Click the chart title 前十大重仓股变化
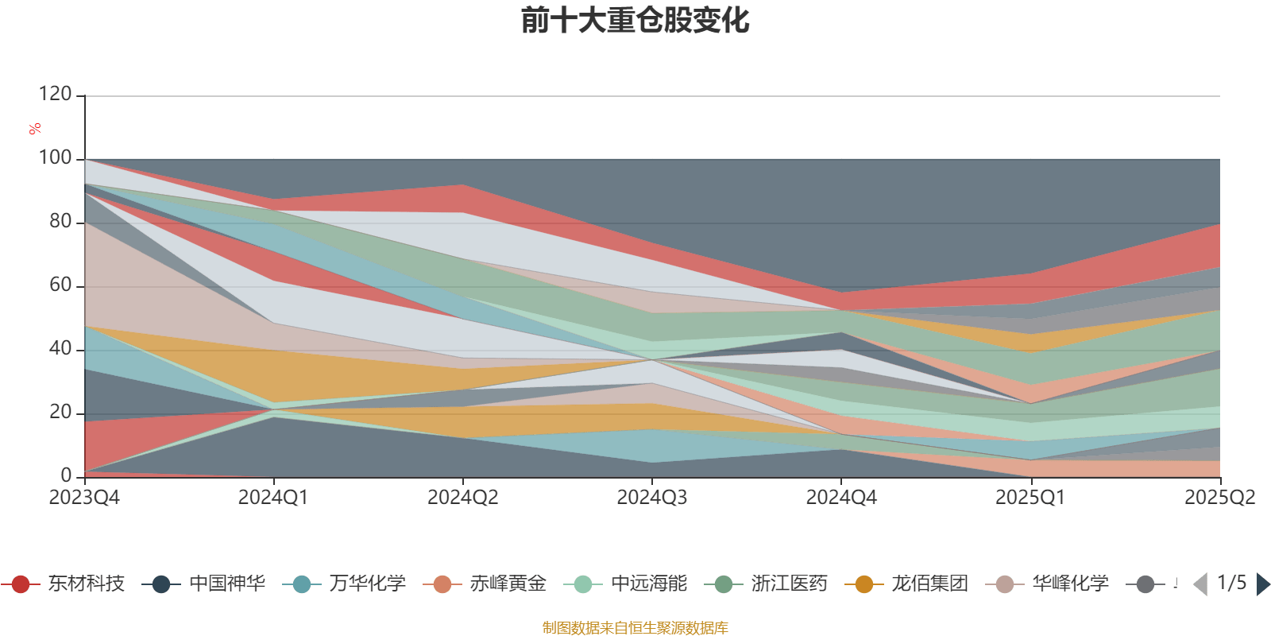coord(635,21)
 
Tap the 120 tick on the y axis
coord(55,95)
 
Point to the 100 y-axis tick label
coord(55,158)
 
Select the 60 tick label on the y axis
coord(60,285)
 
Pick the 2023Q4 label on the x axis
coord(84,498)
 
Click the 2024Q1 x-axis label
coord(273,498)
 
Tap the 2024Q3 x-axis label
coord(652,498)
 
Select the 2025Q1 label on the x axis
coord(1030,498)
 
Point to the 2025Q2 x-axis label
coord(1219,498)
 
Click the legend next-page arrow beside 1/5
coord(1262,584)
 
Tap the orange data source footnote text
coord(635,628)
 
